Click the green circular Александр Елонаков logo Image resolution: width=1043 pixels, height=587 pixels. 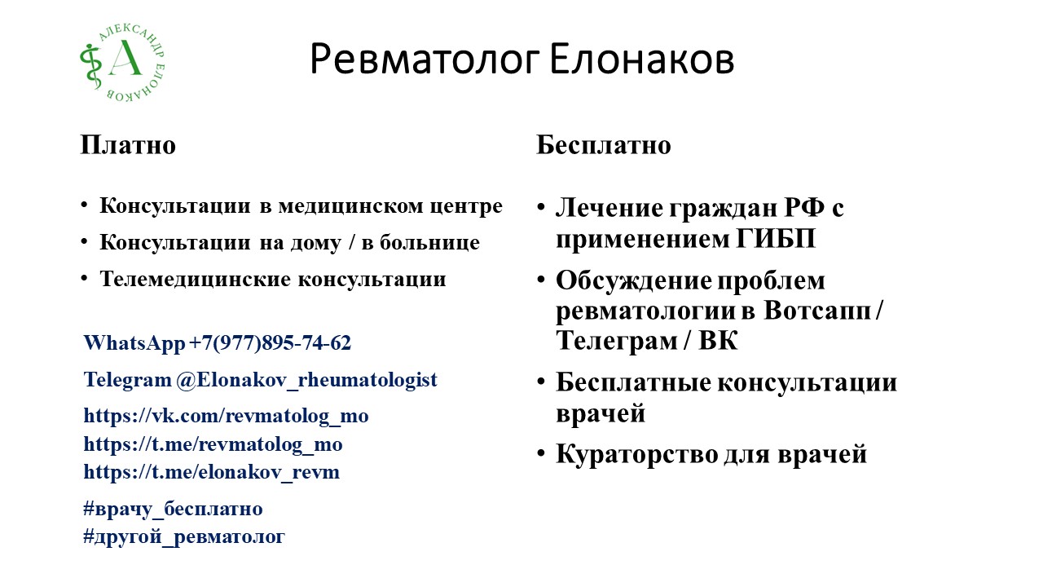(122, 61)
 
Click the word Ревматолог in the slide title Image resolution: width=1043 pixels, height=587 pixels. (423, 60)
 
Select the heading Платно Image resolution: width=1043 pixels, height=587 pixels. (128, 145)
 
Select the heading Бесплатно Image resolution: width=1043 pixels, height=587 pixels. (603, 145)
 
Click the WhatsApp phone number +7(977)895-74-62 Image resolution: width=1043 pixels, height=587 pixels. (271, 343)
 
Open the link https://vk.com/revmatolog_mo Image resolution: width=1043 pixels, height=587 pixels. (226, 416)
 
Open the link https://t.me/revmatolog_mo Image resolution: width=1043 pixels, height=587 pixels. (213, 444)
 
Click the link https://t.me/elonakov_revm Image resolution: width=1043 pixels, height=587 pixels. (211, 472)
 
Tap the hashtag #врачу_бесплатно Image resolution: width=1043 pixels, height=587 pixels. (173, 509)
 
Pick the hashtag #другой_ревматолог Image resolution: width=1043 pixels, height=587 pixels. (184, 536)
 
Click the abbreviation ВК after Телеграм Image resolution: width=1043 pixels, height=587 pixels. (718, 341)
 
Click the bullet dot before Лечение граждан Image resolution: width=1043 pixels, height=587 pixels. (542, 207)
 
